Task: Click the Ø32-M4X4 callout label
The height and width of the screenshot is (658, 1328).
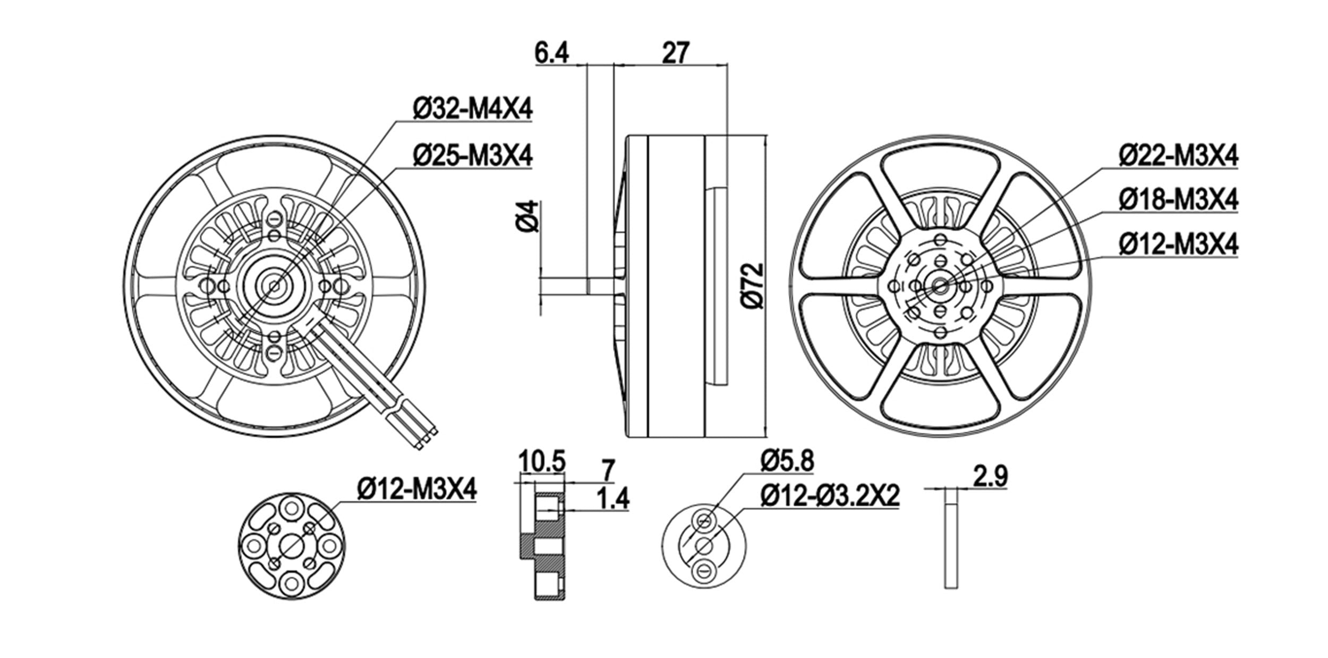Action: (472, 110)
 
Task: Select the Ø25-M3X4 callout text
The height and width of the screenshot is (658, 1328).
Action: (472, 156)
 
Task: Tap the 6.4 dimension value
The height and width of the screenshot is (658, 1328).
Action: (552, 54)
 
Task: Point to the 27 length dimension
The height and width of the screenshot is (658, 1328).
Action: (676, 53)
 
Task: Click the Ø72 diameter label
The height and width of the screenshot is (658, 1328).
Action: (753, 286)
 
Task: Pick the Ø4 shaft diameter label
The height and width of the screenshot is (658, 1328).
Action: (528, 217)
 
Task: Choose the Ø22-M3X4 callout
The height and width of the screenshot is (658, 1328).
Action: (1178, 156)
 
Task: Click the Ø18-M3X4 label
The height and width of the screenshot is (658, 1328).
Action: (1178, 200)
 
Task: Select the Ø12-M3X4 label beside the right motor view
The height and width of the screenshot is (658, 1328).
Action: (1178, 245)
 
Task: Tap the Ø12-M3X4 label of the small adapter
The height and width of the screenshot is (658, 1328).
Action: (417, 488)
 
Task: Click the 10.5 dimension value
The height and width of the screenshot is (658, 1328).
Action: (542, 460)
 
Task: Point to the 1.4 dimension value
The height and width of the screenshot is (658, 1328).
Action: (612, 499)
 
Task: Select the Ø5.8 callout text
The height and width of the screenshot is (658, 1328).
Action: (787, 461)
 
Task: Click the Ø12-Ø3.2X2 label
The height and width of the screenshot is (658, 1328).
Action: (830, 496)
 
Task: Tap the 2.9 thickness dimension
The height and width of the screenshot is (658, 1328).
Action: (990, 476)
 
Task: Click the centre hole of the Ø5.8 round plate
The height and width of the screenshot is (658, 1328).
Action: (704, 545)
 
